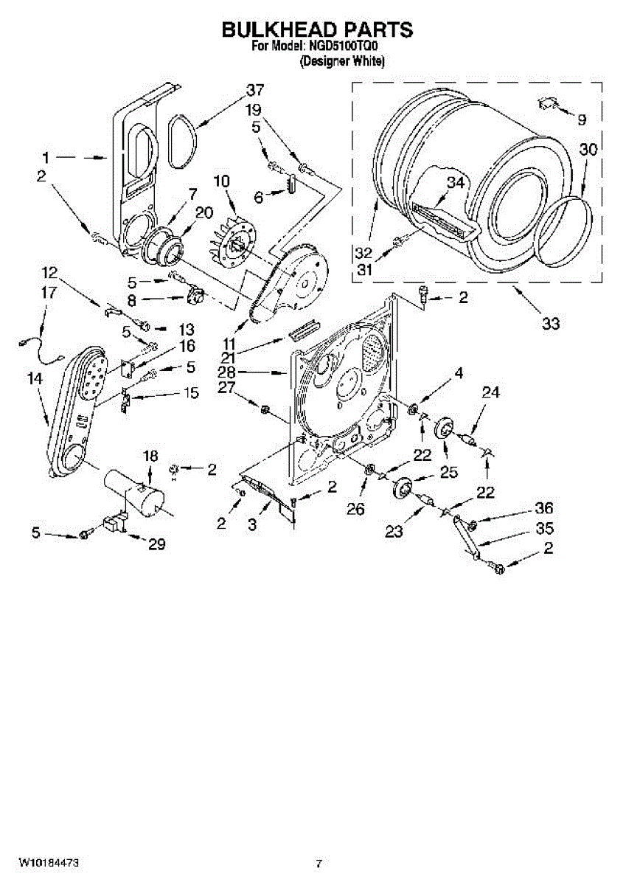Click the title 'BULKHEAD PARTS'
318,30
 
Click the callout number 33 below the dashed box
550,322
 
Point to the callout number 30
588,150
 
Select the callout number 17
48,292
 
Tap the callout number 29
156,546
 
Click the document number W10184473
49,862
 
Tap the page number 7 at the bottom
319,863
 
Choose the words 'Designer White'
341,63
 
